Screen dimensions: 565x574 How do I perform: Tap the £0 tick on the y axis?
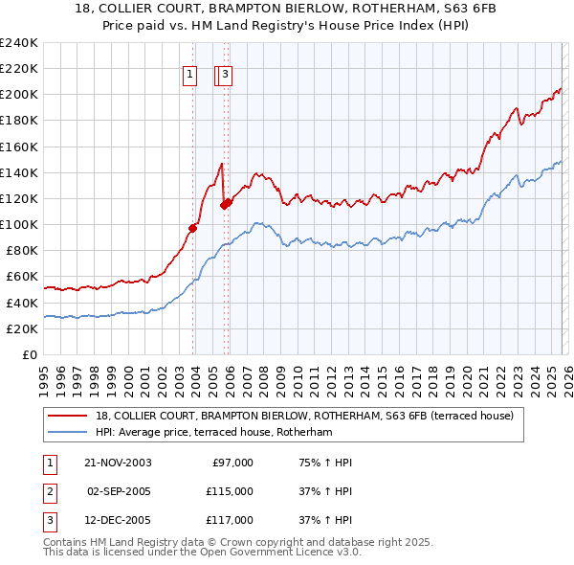(x=29, y=354)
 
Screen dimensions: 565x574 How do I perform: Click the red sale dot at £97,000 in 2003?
(x=193, y=228)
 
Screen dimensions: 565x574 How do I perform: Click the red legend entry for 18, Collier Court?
(x=304, y=416)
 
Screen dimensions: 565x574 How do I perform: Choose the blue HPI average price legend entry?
(x=213, y=433)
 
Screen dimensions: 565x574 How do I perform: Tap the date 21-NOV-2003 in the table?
(x=118, y=463)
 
